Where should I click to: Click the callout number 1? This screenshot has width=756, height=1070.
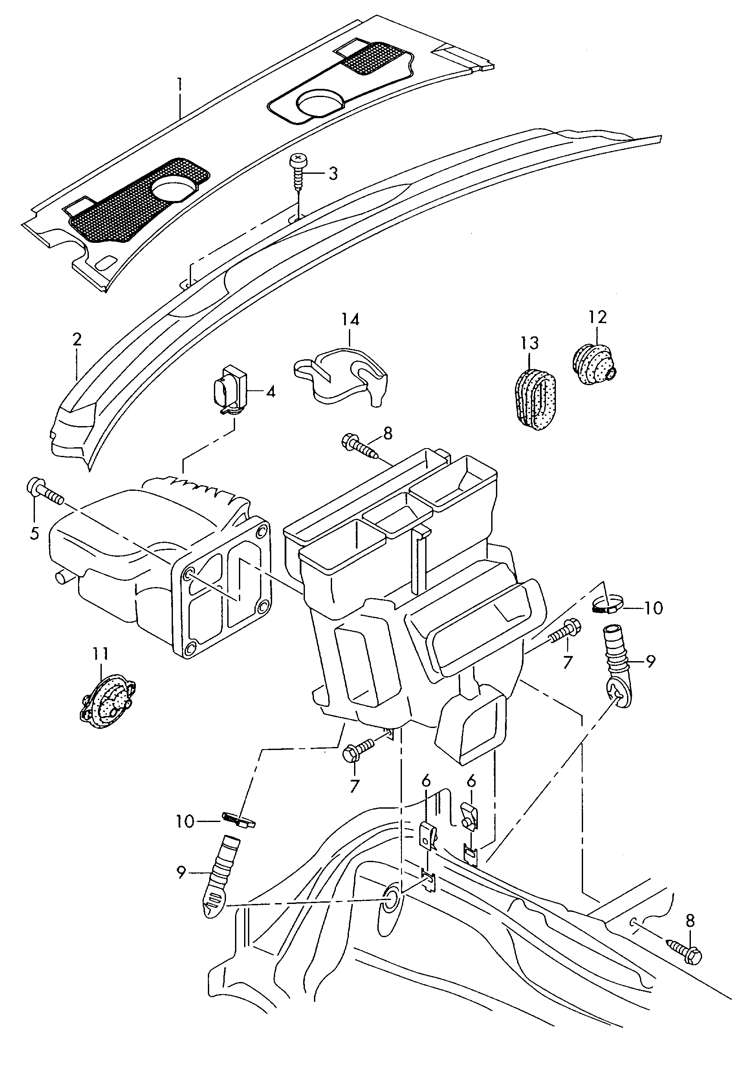pyautogui.click(x=179, y=86)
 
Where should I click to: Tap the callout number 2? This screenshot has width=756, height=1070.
pyautogui.click(x=77, y=339)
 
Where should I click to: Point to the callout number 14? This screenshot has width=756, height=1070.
pyautogui.click(x=350, y=320)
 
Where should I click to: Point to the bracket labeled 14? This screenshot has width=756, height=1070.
pyautogui.click(x=345, y=376)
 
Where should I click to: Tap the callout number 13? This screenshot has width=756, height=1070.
pyautogui.click(x=530, y=343)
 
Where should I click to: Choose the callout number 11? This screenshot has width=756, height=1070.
pyautogui.click(x=100, y=654)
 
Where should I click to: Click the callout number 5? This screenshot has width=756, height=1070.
pyautogui.click(x=35, y=533)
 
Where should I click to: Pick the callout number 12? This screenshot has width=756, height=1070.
pyautogui.click(x=598, y=317)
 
